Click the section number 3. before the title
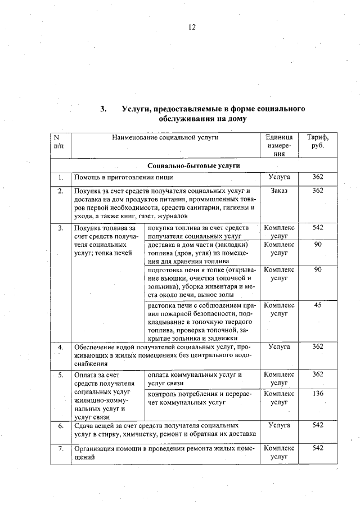(x=103, y=109)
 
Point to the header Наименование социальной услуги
(x=165, y=137)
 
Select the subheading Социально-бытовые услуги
(x=193, y=166)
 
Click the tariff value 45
(x=318, y=305)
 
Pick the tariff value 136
(x=318, y=394)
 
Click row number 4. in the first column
(x=60, y=347)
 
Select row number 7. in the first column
(x=60, y=448)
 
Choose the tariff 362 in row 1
(x=318, y=178)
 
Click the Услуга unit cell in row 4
(x=279, y=347)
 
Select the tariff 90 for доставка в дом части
(x=318, y=244)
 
